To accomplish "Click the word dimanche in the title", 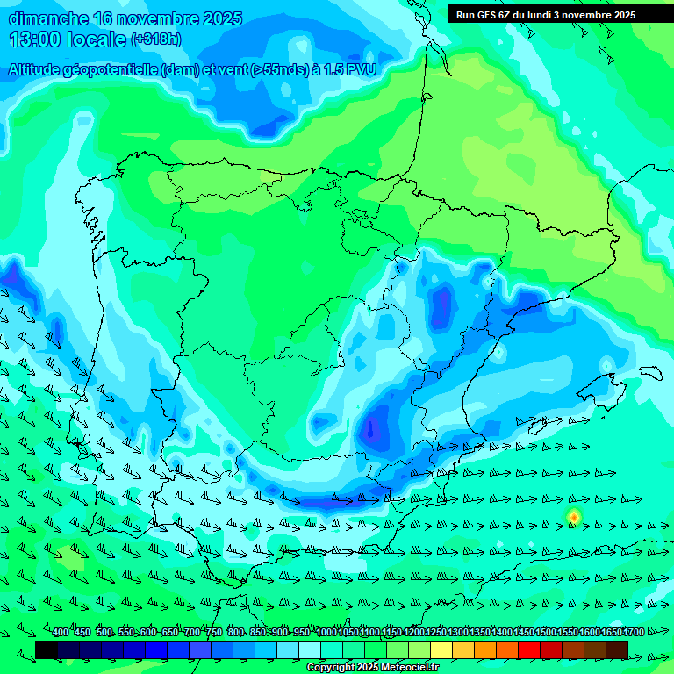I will pos(47,18).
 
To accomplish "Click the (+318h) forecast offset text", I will pos(156,39).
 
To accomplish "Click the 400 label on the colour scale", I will pos(61,633).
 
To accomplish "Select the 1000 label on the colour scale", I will pos(326,633).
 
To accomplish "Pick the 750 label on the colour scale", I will pos(214,633).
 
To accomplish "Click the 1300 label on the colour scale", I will pos(458,633).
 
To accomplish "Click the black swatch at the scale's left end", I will pos(47,649).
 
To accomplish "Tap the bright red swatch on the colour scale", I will pos(529,649).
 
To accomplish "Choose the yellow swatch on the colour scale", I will pos(441,649).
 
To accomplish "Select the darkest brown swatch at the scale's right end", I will pos(617,649).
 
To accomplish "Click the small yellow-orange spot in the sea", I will pos(574,517).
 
